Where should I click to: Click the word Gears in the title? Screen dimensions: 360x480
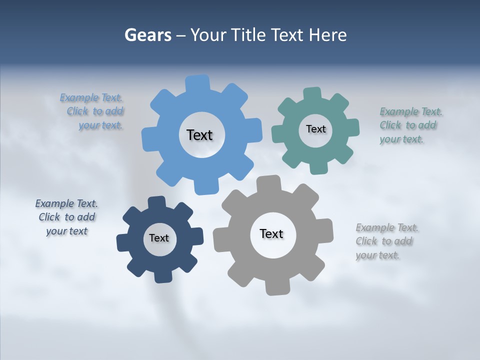click(147, 35)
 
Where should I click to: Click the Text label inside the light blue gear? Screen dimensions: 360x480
click(199, 135)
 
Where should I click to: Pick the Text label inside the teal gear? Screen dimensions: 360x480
click(315, 129)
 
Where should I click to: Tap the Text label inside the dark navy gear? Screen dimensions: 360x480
click(158, 238)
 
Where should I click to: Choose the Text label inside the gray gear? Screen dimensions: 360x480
click(271, 233)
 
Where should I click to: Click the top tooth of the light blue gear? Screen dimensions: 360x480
click(198, 82)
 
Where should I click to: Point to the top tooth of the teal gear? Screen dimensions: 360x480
click(312, 94)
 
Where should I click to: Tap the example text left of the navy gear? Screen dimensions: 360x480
click(66, 217)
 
